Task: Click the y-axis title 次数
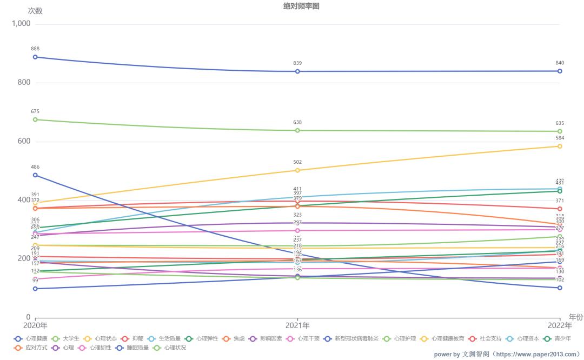(x=35, y=11)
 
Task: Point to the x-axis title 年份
(x=575, y=317)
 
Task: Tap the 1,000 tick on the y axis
(x=22, y=24)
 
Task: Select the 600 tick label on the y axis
(x=25, y=142)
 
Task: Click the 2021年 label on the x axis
(x=297, y=325)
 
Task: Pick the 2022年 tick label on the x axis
(x=560, y=325)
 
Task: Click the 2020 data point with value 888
(x=35, y=57)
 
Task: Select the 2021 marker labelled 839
(x=297, y=71)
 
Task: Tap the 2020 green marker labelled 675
(x=35, y=119)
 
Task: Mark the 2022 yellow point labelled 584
(x=560, y=146)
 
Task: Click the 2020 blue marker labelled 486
(x=35, y=175)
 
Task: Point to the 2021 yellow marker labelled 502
(x=297, y=170)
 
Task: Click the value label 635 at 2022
(x=560, y=123)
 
